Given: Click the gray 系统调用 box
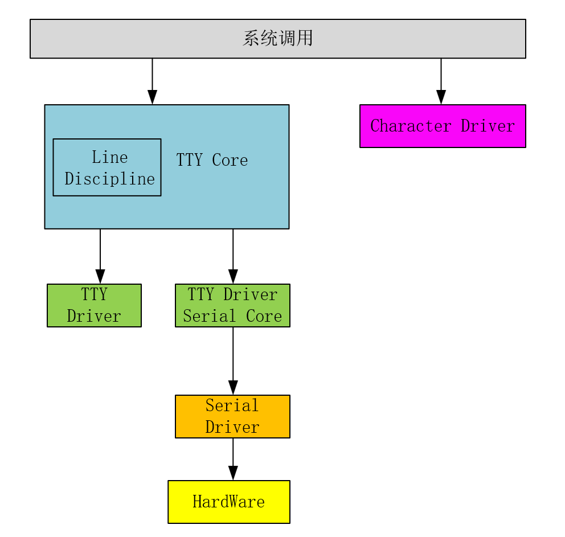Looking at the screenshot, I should point(277,39).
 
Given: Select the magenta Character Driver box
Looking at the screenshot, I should point(443,126).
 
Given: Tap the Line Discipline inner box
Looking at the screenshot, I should point(107,167).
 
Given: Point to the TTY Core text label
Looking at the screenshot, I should point(212,160).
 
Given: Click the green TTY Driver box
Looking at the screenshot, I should point(94,305).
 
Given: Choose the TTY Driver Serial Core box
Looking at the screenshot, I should point(232,305).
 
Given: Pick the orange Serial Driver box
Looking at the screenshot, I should point(232,416).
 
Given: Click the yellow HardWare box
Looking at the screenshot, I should point(229,502).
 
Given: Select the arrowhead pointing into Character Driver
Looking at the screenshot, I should point(441,97).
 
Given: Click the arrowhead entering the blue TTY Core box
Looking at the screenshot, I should point(152,97).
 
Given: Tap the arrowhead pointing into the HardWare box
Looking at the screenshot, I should point(233,473).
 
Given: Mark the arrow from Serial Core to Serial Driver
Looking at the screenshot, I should point(233,359).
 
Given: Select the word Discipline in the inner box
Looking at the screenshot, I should point(109,179).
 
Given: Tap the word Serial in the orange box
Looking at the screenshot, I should point(232,405).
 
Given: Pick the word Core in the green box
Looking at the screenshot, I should point(264,316).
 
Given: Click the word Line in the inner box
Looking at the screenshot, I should point(109,157).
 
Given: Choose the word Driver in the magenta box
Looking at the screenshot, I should point(488,126).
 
